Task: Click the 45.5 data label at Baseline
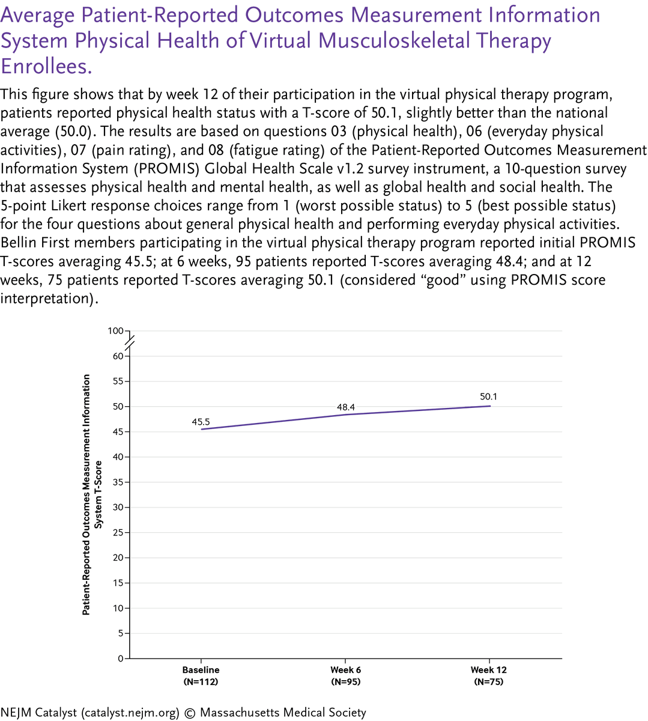pos(201,422)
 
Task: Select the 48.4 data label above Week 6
pos(345,407)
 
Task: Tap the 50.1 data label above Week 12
pos(489,397)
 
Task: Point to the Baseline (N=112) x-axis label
pos(201,676)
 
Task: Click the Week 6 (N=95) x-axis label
pos(345,676)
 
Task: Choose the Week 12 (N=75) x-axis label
pos(489,676)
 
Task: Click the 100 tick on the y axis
pos(115,331)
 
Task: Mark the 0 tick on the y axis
pos(120,659)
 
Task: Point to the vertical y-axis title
pos(92,494)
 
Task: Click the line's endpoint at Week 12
pos(490,406)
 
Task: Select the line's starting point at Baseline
pos(201,429)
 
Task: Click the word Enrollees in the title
pos(46,66)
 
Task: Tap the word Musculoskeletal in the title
pos(394,41)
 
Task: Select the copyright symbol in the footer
pos(190,713)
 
